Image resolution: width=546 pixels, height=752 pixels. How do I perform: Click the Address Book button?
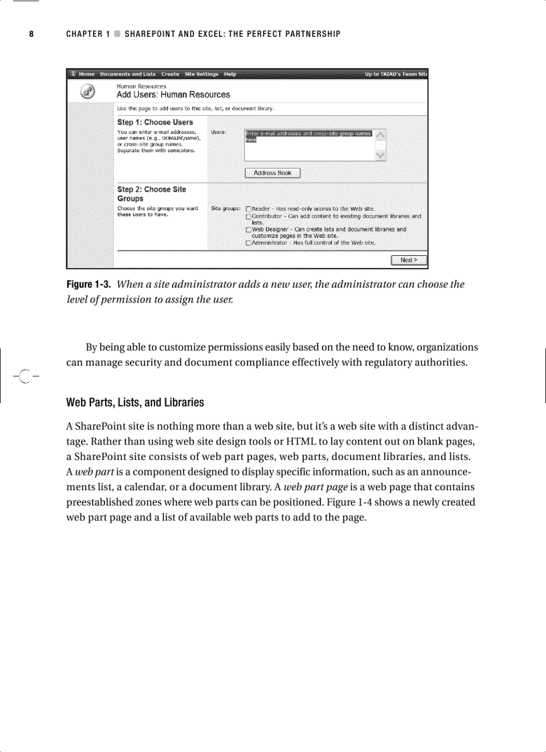pyautogui.click(x=272, y=173)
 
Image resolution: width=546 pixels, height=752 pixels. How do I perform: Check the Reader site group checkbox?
pyautogui.click(x=248, y=209)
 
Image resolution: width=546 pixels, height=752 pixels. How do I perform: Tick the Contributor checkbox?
pyautogui.click(x=248, y=216)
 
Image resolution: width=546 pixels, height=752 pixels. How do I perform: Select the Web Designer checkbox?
pyautogui.click(x=248, y=229)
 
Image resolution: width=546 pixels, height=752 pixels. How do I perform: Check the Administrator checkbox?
pyautogui.click(x=248, y=242)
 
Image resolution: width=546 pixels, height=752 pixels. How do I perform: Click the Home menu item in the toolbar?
pyautogui.click(x=86, y=74)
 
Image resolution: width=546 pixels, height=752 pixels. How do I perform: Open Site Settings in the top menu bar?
pyautogui.click(x=201, y=74)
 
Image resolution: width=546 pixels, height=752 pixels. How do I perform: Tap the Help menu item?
pyautogui.click(x=230, y=74)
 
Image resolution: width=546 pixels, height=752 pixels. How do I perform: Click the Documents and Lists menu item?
pyautogui.click(x=128, y=74)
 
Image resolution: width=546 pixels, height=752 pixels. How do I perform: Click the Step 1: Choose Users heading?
pyautogui.click(x=155, y=123)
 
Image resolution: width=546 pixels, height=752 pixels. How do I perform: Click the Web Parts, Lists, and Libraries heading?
pyautogui.click(x=134, y=402)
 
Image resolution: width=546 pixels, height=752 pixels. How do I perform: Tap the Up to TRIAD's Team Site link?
pyautogui.click(x=395, y=74)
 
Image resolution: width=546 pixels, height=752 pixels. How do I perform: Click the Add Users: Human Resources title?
pyautogui.click(x=173, y=95)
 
